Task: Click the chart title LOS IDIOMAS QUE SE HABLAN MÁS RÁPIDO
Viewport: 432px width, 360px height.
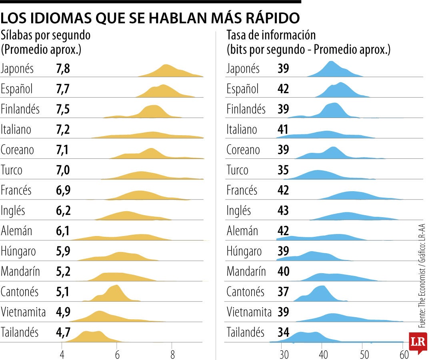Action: (150, 18)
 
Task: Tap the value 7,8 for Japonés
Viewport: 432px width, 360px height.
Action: (63, 69)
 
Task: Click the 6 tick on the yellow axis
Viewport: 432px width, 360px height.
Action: (117, 354)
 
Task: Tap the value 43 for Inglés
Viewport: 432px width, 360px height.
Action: (283, 210)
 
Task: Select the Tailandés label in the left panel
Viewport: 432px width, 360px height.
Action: (20, 332)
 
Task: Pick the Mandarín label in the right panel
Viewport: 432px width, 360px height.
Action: (246, 272)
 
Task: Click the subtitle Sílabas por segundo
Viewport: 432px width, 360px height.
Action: (46, 35)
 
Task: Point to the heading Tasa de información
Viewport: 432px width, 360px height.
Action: (271, 35)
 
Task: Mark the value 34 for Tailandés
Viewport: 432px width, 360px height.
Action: (283, 332)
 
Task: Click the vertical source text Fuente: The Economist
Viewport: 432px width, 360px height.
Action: (421, 280)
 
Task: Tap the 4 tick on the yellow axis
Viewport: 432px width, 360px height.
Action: (62, 354)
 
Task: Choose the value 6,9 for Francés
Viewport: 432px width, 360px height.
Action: (63, 190)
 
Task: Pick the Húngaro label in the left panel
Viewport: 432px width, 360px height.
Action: (18, 251)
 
